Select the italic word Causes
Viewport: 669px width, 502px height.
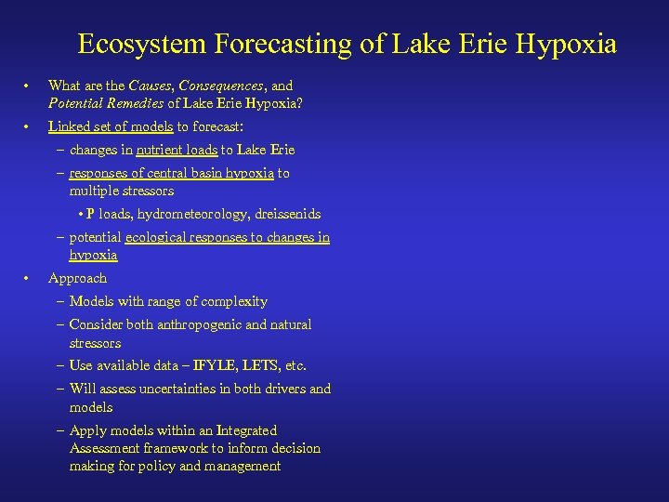click(x=153, y=86)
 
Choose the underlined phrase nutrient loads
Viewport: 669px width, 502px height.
click(x=177, y=150)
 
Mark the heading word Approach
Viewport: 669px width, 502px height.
click(x=77, y=278)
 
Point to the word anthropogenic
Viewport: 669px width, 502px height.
click(x=193, y=324)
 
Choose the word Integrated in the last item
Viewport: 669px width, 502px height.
click(x=246, y=430)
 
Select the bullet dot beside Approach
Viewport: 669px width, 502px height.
click(x=29, y=278)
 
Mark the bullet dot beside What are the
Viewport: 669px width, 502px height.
click(x=29, y=86)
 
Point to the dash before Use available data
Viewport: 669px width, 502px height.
click(x=60, y=365)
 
